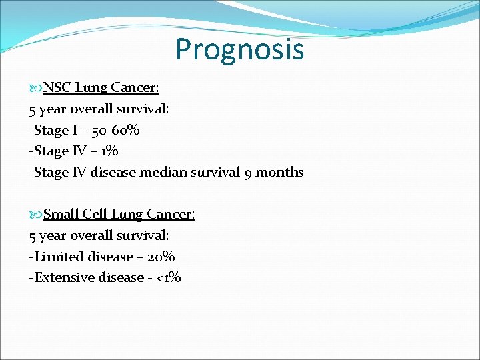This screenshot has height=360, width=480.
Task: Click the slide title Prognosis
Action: [x=239, y=49]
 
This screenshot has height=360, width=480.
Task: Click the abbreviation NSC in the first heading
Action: [x=58, y=87]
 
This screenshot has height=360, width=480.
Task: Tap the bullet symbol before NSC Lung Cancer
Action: [x=35, y=88]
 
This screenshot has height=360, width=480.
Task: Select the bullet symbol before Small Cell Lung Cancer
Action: [x=35, y=215]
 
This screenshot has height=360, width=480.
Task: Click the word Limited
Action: [x=56, y=257]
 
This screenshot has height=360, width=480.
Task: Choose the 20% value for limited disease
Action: [x=161, y=257]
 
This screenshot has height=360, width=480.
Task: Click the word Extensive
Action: [x=62, y=277]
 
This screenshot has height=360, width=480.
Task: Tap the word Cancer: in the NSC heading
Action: [x=135, y=87]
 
